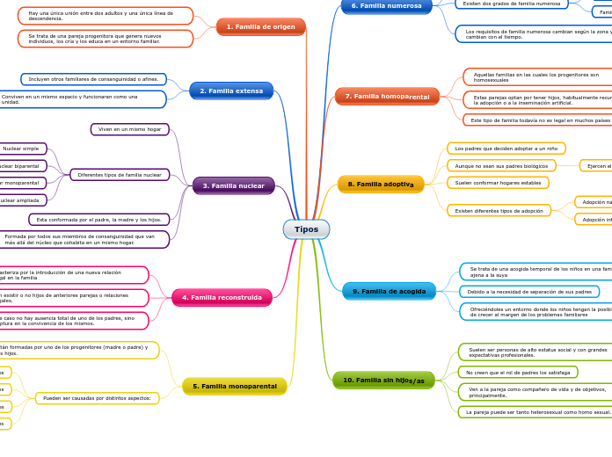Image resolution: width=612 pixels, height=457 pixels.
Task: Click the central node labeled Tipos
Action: tap(306, 229)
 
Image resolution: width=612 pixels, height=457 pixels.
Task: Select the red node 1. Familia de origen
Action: tap(260, 27)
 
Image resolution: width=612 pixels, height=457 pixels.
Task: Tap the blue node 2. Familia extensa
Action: tap(231, 91)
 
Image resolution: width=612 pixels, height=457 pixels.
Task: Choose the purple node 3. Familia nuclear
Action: tap(233, 185)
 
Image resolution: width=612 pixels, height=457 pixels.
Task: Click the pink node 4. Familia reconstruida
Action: tap(222, 298)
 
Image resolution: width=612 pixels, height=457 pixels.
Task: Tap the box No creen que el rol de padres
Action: tap(517, 373)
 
